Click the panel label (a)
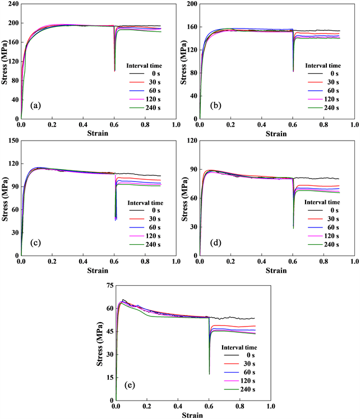pyautogui.click(x=35, y=105)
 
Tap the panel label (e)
pyautogui.click(x=130, y=387)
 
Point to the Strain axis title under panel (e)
pyautogui.click(x=193, y=415)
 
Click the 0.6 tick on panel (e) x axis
pyautogui.click(x=209, y=407)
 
